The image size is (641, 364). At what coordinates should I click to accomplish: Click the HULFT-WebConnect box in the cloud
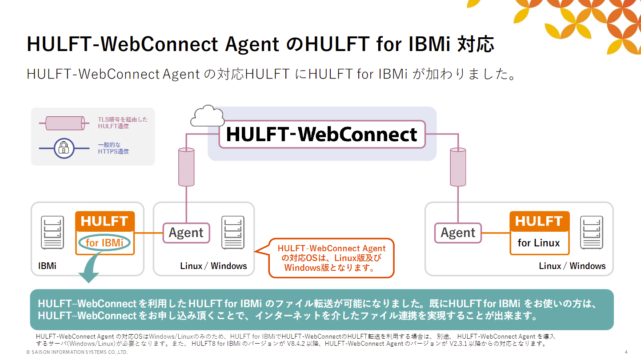coord(322,135)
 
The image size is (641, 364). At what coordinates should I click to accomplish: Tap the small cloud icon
coord(206,116)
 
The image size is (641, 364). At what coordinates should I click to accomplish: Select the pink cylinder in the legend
coord(64,123)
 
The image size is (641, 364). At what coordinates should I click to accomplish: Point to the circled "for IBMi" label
coord(104,243)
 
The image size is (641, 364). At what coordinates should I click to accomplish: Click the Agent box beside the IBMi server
coord(186,233)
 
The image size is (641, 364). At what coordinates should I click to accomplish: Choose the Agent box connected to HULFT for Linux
coord(458,233)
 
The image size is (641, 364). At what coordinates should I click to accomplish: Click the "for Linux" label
coord(539,243)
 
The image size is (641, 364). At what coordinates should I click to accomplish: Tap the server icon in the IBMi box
coord(52,232)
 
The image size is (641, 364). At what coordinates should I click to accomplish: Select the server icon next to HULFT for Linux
coord(592,232)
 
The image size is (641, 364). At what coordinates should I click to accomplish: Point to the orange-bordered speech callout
coord(331,258)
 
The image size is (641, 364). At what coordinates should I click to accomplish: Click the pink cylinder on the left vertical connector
coord(186,166)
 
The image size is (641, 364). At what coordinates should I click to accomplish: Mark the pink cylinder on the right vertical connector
coord(458,166)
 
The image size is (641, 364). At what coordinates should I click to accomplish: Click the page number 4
coord(626,352)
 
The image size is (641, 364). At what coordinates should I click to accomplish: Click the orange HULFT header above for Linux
coord(539,221)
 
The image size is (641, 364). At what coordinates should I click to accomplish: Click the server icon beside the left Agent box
coord(232,232)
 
